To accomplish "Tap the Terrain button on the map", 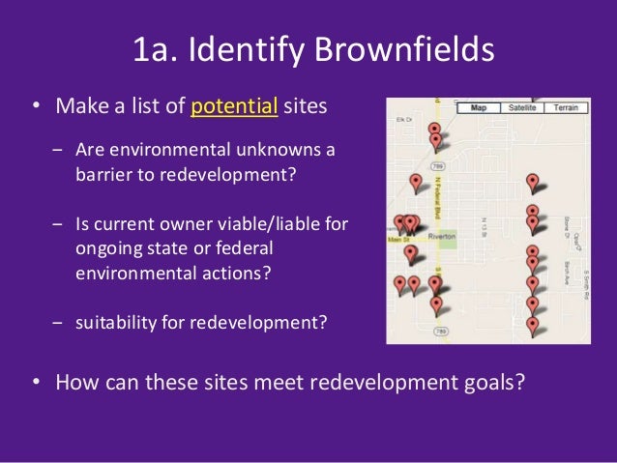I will point(566,107).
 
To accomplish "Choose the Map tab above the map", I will point(478,107).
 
